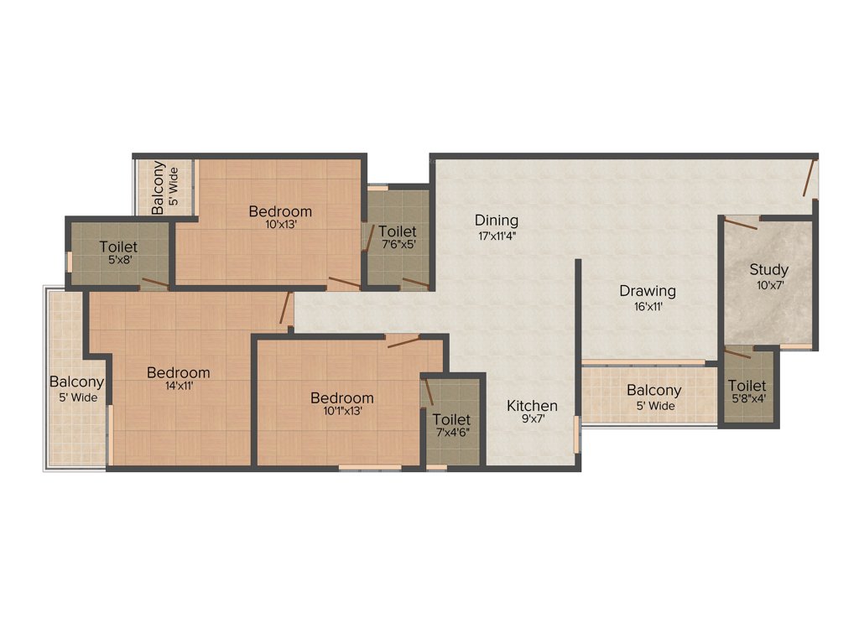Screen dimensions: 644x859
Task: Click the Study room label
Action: pos(768,270)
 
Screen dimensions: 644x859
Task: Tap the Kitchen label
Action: pos(532,406)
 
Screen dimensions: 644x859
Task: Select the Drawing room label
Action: pos(647,292)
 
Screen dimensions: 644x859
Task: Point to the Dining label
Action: pos(497,221)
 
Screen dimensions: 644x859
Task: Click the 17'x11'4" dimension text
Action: pos(497,236)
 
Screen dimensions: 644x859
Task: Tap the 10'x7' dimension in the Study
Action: pos(769,285)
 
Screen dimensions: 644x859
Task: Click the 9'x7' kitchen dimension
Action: pos(532,419)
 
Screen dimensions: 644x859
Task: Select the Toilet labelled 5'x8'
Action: pos(118,247)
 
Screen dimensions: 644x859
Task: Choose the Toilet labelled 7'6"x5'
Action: pos(397,231)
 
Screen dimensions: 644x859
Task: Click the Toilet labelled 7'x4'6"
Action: pos(451,419)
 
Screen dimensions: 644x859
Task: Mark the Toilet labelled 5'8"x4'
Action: pos(747,387)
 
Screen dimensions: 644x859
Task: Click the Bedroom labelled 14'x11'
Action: pos(178,372)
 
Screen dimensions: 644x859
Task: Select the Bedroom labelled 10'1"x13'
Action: pos(341,397)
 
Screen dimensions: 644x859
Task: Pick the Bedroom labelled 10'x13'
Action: pos(280,211)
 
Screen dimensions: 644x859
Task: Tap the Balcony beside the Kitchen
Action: pos(653,391)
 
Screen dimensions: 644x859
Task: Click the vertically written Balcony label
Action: pos(158,187)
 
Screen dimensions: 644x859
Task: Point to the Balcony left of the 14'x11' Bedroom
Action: pos(76,382)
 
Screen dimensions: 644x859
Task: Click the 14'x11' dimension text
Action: pos(178,387)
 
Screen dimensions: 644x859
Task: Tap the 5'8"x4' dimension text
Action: pos(747,399)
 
